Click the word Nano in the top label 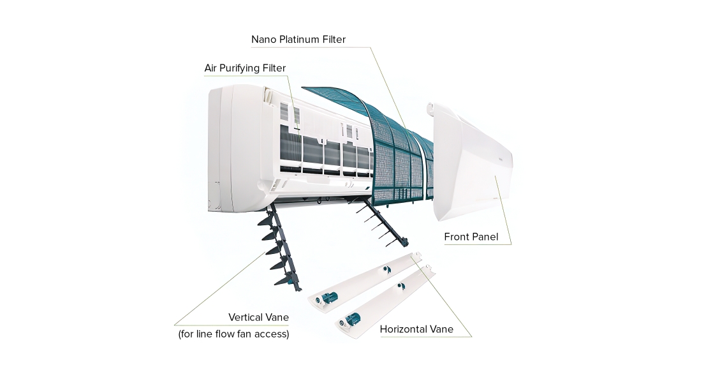tap(263, 40)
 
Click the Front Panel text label tap(471, 237)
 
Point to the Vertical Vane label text tap(258, 317)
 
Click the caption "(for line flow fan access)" tap(233, 333)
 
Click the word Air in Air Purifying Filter tap(212, 68)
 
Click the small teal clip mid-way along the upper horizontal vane tap(386, 270)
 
